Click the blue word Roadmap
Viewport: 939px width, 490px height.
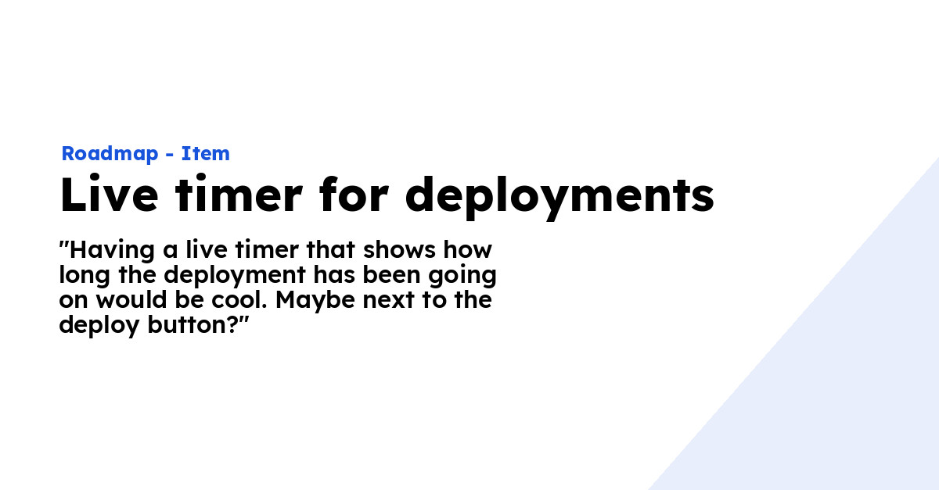109,154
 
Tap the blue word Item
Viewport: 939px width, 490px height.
206,154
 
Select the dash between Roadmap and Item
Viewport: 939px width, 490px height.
169,155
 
